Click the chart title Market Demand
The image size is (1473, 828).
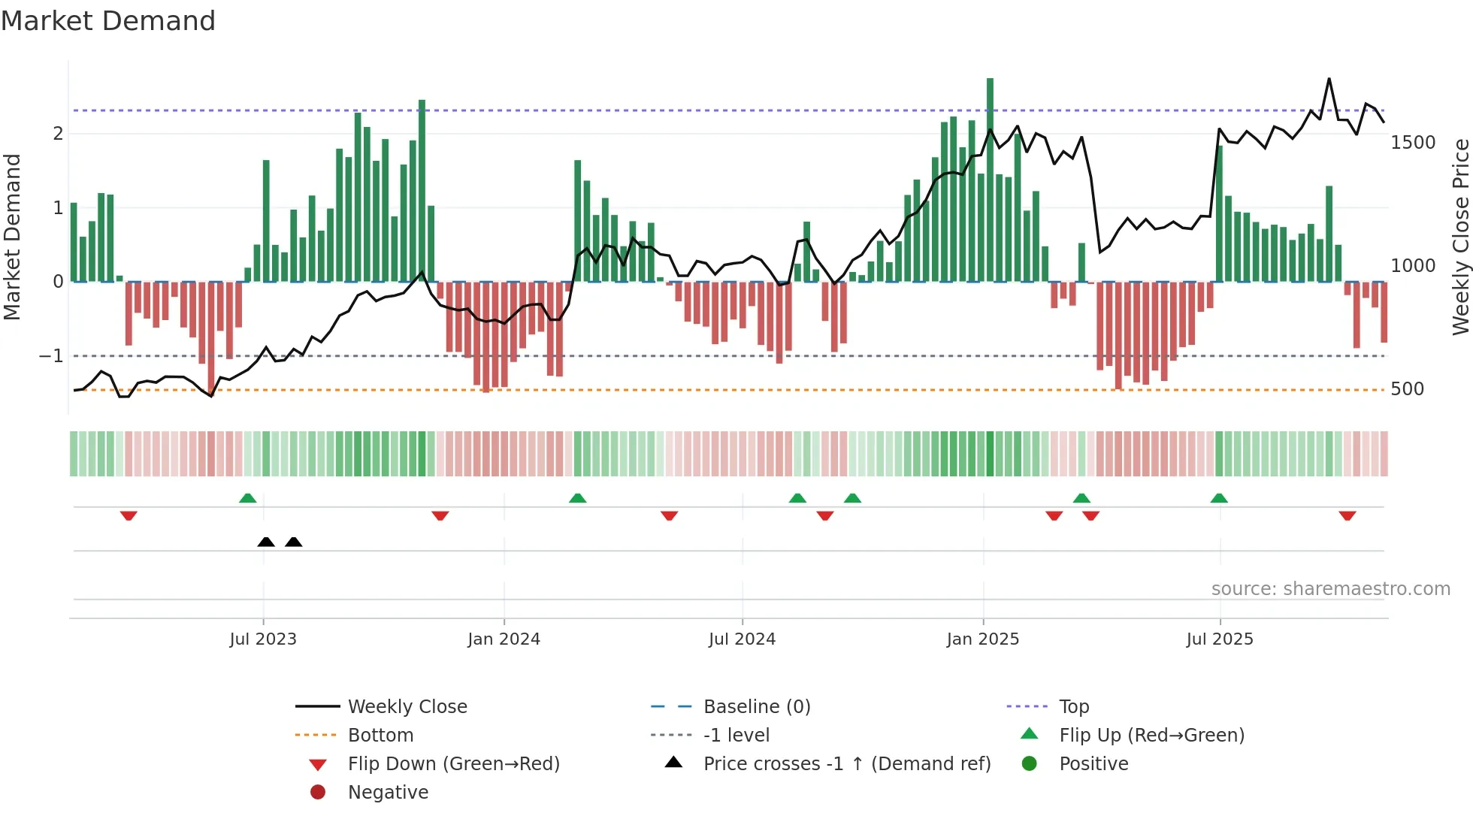(108, 21)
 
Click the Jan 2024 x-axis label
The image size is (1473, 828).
(504, 639)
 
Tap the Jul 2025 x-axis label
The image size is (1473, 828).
(1220, 639)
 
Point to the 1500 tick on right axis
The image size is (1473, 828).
(1412, 143)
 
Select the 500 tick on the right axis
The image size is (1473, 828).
(1407, 389)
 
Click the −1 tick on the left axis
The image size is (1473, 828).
(51, 356)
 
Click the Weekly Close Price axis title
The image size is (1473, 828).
(1460, 237)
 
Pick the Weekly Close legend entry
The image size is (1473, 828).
(407, 707)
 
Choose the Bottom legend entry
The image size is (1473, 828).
(380, 736)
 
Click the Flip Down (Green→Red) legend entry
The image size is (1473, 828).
(453, 764)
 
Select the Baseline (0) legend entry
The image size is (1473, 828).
(756, 707)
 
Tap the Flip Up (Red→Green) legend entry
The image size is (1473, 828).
(1151, 736)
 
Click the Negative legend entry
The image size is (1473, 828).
(388, 793)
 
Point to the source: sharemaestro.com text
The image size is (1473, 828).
(1330, 589)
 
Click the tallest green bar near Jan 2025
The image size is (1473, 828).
(990, 180)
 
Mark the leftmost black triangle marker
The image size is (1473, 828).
(266, 542)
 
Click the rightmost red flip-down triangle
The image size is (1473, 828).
(1347, 515)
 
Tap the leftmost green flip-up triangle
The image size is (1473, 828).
(247, 498)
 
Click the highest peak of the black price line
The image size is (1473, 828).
(1329, 79)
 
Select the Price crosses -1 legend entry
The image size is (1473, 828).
(846, 764)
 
